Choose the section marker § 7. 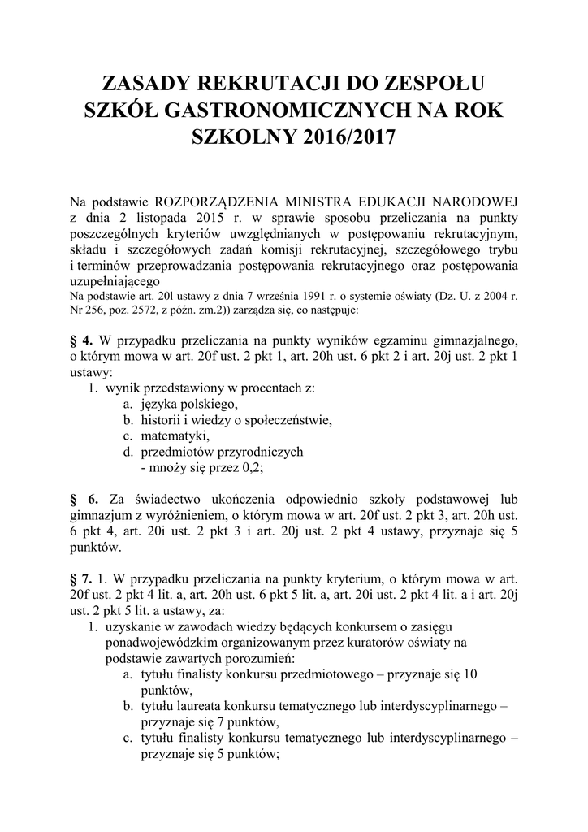pyautogui.click(x=82, y=578)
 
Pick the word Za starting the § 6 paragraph pyautogui.click(x=119, y=497)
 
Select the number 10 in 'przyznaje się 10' pyautogui.click(x=469, y=674)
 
